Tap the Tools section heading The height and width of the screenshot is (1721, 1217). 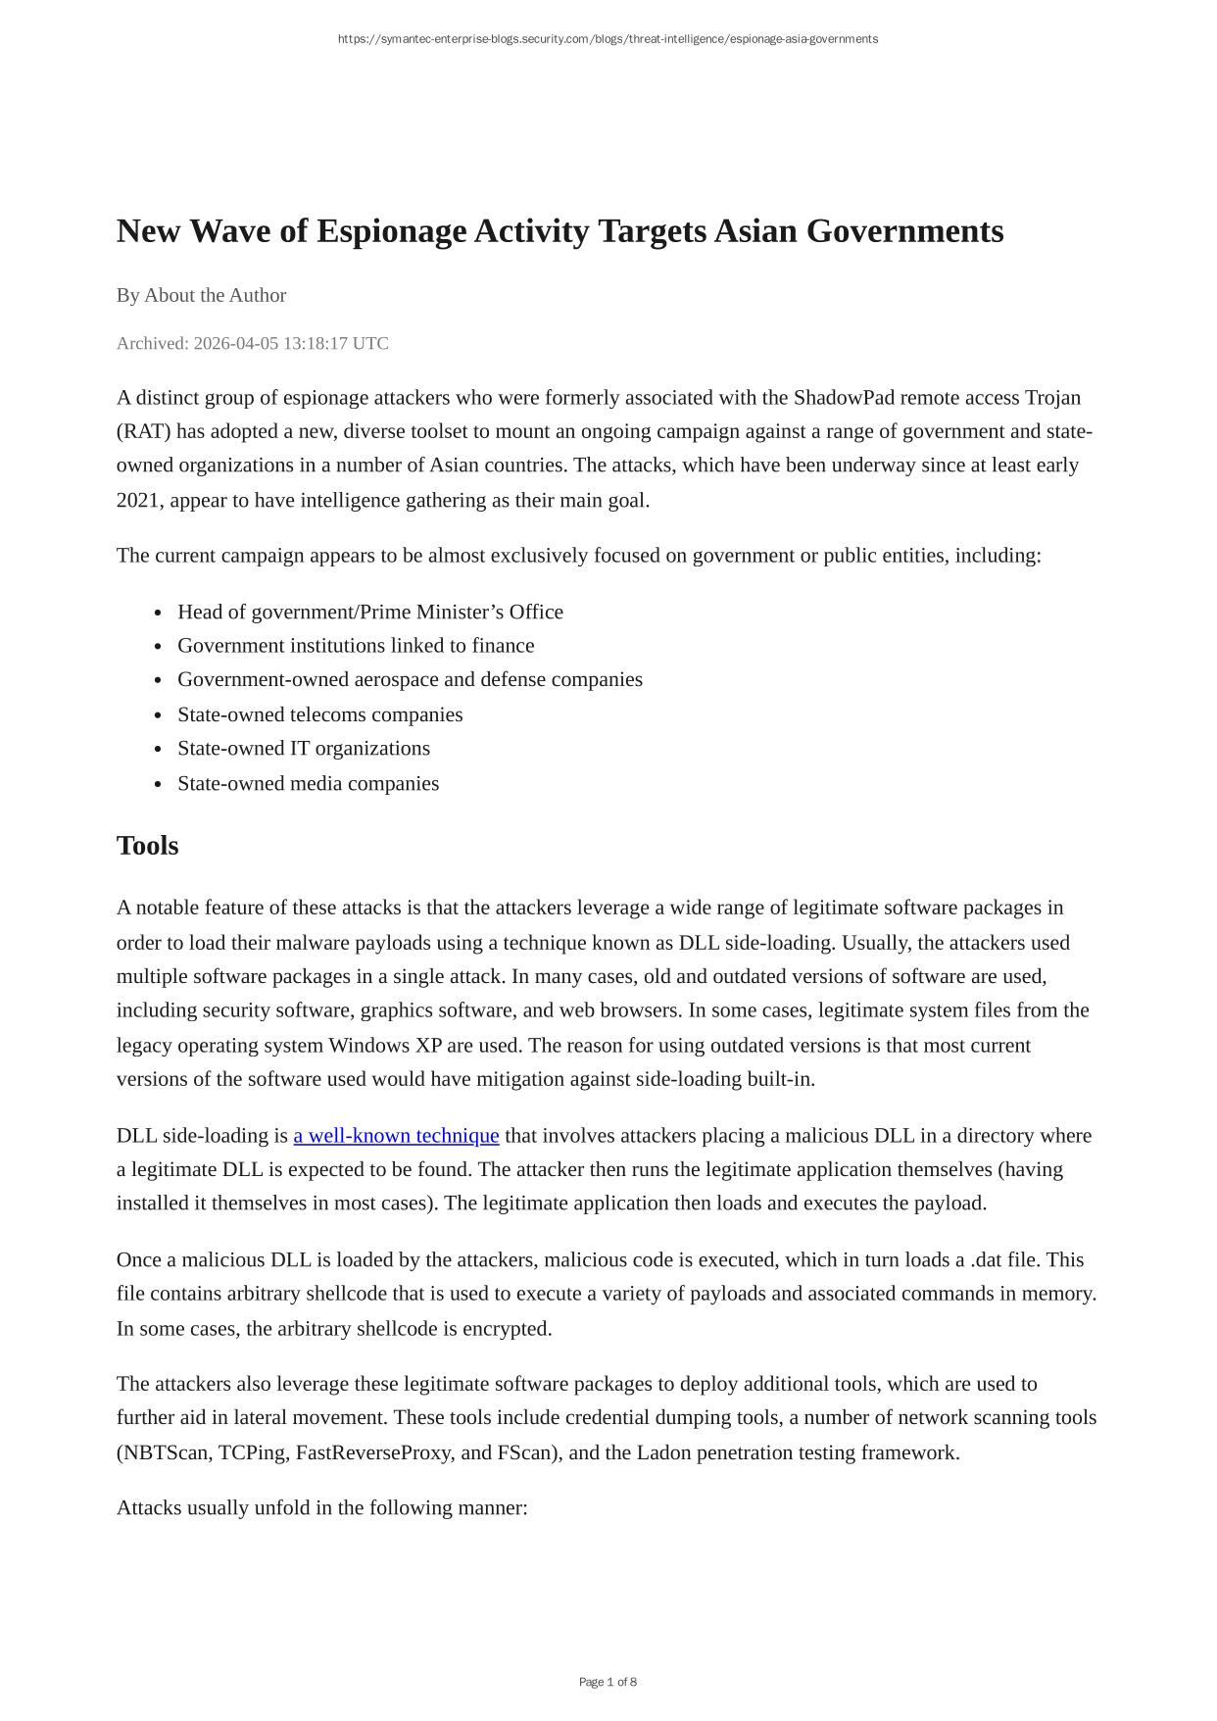tap(147, 846)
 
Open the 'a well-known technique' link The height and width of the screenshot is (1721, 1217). tap(396, 1136)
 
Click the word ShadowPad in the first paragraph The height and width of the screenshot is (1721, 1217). tap(844, 398)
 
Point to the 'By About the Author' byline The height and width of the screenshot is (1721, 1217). tap(201, 295)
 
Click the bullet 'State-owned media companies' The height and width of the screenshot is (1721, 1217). tap(308, 784)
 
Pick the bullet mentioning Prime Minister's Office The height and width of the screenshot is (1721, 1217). tap(369, 613)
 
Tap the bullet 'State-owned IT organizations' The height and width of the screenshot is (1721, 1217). tap(303, 749)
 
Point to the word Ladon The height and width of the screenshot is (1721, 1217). tap(663, 1452)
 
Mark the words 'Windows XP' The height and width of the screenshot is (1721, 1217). tap(385, 1046)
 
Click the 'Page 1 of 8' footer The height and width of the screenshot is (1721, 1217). tap(608, 1682)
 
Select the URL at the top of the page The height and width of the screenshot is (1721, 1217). tap(608, 39)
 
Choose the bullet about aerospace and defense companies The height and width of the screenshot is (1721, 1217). tap(410, 680)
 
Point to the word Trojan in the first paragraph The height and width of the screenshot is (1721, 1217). tap(1052, 398)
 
